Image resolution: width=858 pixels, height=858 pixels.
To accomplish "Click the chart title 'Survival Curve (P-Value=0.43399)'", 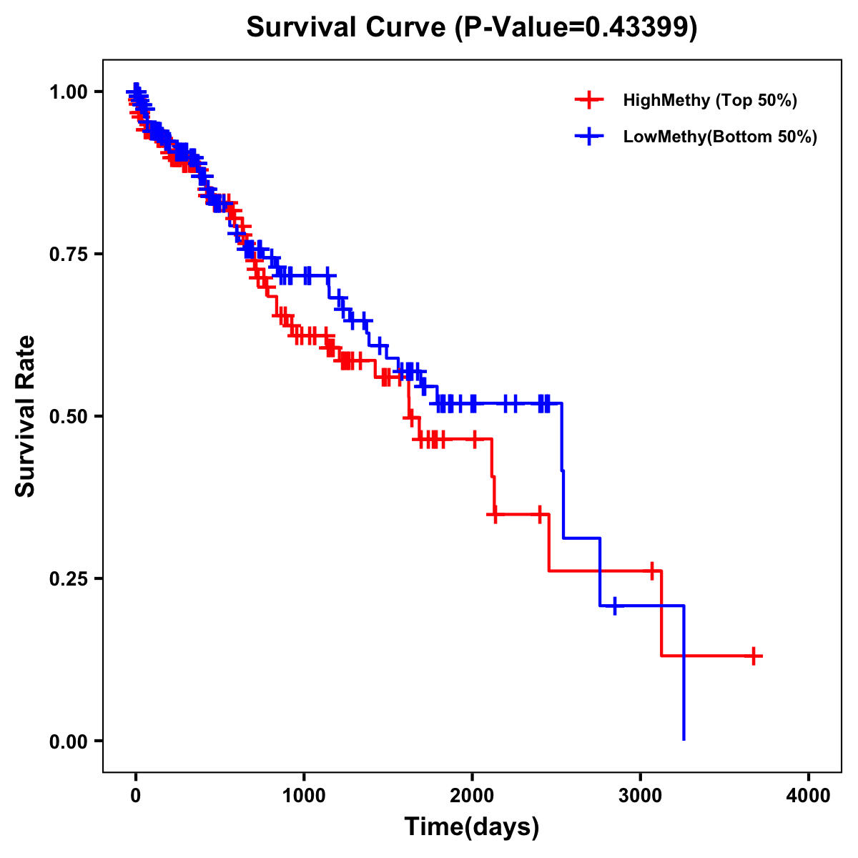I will click(x=471, y=28).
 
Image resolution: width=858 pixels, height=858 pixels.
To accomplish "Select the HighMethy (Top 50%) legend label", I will click(x=709, y=100).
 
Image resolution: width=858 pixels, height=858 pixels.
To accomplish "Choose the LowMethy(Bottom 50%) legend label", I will click(x=720, y=137).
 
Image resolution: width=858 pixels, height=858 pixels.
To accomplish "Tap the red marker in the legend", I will click(x=589, y=100).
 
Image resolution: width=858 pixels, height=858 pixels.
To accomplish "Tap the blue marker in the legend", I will click(x=589, y=137).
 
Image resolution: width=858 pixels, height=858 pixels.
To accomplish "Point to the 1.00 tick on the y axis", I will click(x=68, y=92).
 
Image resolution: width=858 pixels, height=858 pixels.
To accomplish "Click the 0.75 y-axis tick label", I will click(x=68, y=254).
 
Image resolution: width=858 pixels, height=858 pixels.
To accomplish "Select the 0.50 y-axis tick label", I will click(x=68, y=416).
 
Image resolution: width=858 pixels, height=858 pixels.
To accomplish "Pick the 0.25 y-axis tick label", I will click(x=68, y=578).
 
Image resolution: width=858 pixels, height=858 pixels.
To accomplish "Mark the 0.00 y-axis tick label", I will click(x=68, y=741).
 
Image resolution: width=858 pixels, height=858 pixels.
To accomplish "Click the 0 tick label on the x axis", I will click(x=136, y=796).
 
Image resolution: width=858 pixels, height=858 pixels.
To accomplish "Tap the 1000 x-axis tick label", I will click(x=304, y=796).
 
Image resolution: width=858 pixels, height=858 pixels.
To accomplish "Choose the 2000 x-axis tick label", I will click(x=472, y=796).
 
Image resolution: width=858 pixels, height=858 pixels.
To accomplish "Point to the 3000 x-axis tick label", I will click(x=641, y=796).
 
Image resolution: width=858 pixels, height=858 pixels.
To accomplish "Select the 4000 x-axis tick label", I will click(x=809, y=796).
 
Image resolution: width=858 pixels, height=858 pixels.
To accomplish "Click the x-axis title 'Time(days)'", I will click(x=472, y=827).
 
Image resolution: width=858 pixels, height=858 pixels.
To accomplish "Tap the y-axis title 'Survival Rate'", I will click(x=26, y=416).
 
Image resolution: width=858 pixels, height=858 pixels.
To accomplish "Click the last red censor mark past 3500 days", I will click(x=754, y=656).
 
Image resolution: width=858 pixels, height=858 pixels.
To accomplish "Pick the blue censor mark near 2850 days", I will click(x=614, y=606).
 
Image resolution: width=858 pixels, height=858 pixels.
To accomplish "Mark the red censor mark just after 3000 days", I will click(x=651, y=571).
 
